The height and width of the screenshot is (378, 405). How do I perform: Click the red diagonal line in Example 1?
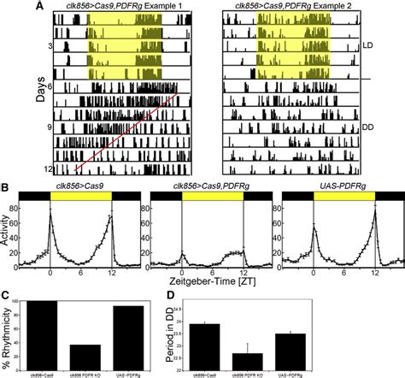click(x=128, y=127)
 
